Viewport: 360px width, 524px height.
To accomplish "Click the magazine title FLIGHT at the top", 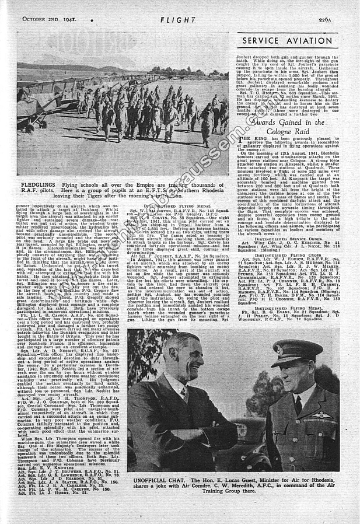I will point(178,21).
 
